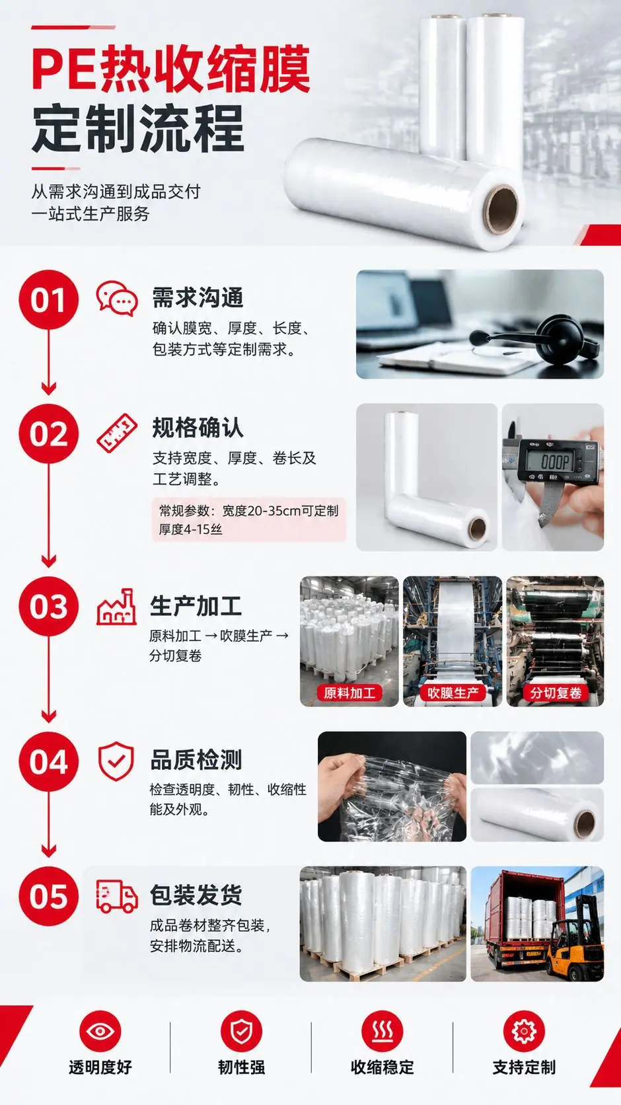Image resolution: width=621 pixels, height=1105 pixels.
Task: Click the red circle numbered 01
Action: click(x=48, y=299)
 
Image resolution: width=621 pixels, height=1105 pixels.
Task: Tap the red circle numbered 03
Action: click(x=48, y=606)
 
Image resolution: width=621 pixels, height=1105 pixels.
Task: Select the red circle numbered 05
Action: click(x=48, y=896)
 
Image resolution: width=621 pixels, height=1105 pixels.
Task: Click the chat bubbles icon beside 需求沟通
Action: click(x=117, y=298)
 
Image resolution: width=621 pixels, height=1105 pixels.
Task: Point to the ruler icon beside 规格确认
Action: click(x=117, y=433)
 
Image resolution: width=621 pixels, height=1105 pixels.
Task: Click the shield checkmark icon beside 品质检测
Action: click(x=116, y=761)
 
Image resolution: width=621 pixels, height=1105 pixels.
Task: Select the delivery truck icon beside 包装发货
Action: click(x=117, y=895)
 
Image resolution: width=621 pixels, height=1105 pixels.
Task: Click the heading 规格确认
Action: click(x=198, y=427)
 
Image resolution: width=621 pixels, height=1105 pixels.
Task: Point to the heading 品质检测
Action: click(x=196, y=760)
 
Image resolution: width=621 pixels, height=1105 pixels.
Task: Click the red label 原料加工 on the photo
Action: click(x=349, y=693)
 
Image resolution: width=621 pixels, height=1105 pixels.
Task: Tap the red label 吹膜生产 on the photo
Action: click(x=453, y=693)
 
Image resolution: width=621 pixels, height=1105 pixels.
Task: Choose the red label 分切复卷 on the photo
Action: click(x=556, y=693)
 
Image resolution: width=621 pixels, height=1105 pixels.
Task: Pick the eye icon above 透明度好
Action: click(x=100, y=1030)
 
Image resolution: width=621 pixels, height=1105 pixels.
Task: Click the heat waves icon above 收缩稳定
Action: click(x=383, y=1030)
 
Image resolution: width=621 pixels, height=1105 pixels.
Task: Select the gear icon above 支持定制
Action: click(x=524, y=1030)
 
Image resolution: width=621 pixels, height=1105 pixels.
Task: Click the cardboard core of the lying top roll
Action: click(x=501, y=208)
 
